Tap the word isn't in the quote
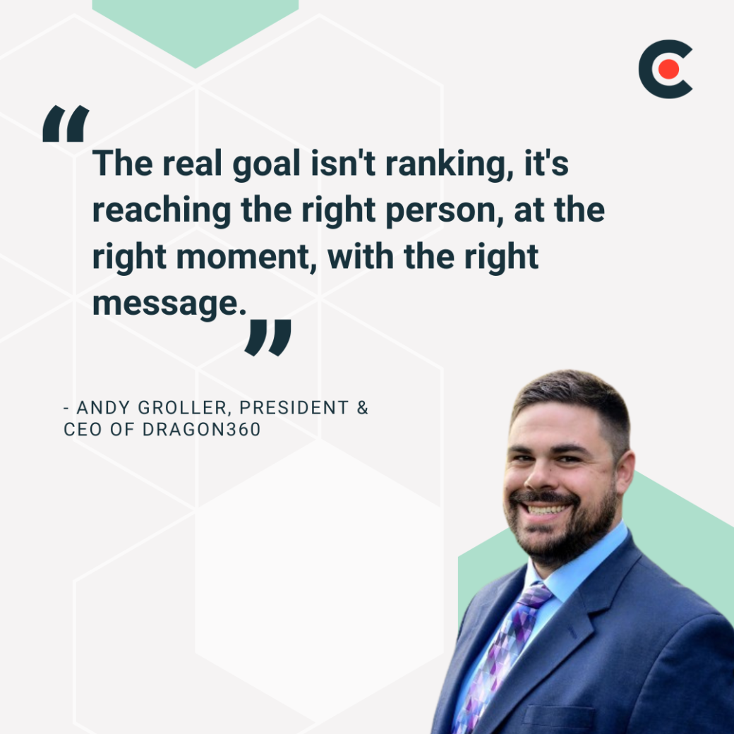click(x=331, y=163)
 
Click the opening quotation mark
click(x=66, y=124)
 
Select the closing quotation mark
click(x=267, y=337)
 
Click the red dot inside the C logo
click(x=669, y=69)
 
